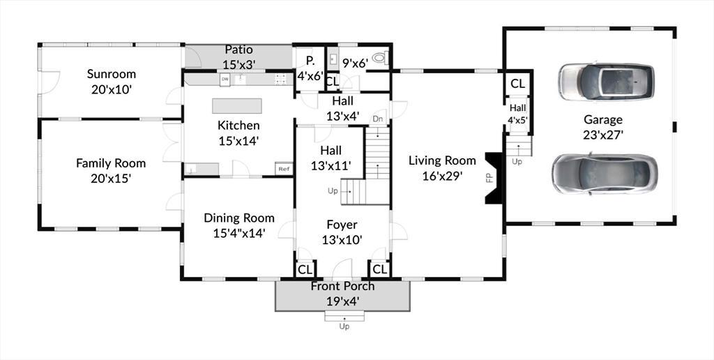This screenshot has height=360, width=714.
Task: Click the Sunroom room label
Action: click(x=111, y=74)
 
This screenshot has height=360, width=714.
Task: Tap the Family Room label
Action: click(x=111, y=163)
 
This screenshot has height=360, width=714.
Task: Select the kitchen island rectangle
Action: click(x=237, y=105)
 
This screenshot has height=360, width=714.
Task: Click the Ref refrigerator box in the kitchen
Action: click(x=284, y=169)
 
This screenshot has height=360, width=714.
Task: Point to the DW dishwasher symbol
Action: click(x=225, y=80)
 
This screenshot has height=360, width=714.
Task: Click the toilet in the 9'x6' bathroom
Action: click(x=379, y=59)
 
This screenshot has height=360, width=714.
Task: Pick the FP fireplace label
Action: click(x=489, y=178)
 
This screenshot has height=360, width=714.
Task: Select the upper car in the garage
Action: click(x=607, y=81)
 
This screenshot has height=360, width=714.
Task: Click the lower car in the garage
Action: click(x=605, y=173)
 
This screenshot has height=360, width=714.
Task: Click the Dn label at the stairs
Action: click(x=378, y=119)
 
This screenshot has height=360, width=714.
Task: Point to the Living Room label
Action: click(x=442, y=161)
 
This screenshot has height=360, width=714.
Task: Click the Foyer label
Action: click(x=342, y=225)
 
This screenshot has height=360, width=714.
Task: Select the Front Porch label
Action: click(x=342, y=286)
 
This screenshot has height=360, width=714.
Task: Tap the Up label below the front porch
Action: click(x=344, y=327)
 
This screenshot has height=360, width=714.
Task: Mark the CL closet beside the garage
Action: click(x=517, y=84)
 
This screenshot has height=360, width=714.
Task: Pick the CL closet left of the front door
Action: click(x=305, y=269)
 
